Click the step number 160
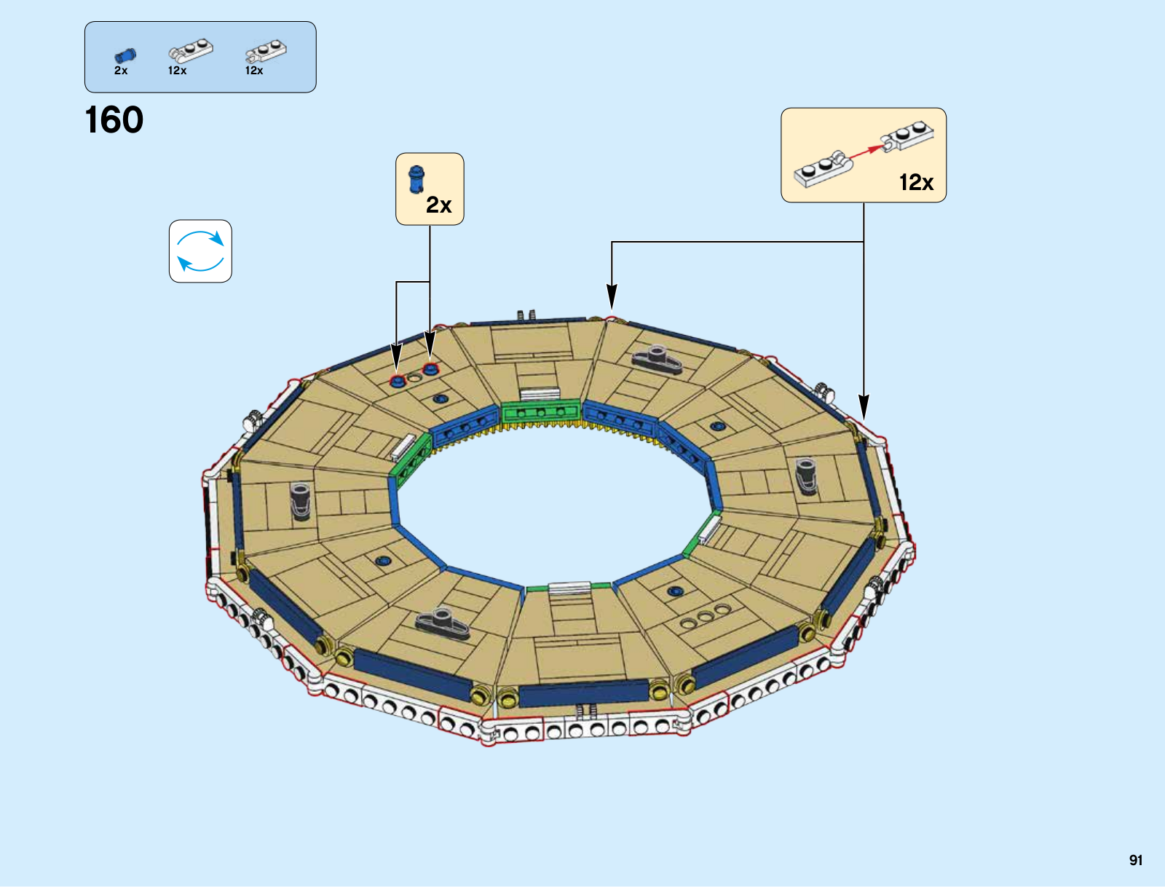tap(114, 120)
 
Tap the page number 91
tap(1136, 860)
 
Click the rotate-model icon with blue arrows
tap(200, 251)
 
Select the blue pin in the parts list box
tap(125, 55)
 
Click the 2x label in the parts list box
tap(121, 71)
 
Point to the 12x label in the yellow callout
tap(916, 182)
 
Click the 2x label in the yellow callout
tap(439, 205)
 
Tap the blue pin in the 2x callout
tap(416, 178)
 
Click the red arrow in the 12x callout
tap(864, 151)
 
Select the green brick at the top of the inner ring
tap(540, 411)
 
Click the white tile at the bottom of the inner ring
tap(569, 588)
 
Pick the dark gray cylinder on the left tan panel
tap(301, 500)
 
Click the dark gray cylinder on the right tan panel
tap(805, 476)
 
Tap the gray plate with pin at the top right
tap(657, 358)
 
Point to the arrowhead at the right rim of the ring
tap(864, 407)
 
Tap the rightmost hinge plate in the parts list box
tap(266, 51)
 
